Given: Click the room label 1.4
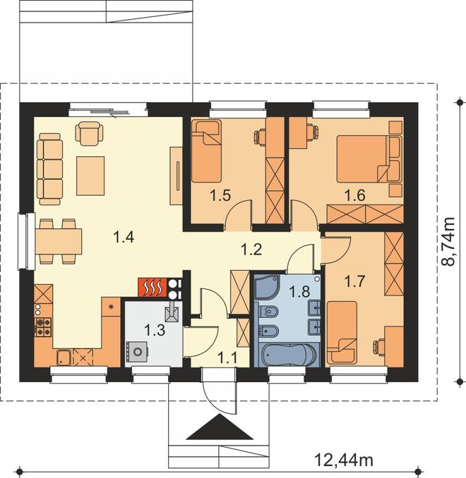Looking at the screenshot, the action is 124,237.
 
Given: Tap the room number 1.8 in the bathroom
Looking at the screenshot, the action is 299,291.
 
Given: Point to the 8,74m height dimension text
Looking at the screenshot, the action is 448,242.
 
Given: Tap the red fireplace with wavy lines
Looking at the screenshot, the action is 153,287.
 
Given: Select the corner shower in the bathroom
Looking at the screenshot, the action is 267,286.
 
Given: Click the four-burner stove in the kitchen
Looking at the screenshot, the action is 43,327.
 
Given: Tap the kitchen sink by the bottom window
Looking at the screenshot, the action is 64,357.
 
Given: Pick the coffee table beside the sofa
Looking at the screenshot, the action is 90,176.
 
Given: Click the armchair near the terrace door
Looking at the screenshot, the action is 89,133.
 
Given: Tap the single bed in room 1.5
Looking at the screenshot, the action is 206,151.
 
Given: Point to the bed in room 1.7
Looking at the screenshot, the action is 342,332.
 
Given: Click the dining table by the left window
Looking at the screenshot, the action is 59,241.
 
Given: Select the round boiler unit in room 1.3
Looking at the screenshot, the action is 138,352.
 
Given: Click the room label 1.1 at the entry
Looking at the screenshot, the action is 227,357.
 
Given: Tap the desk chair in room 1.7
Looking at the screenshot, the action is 379,346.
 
